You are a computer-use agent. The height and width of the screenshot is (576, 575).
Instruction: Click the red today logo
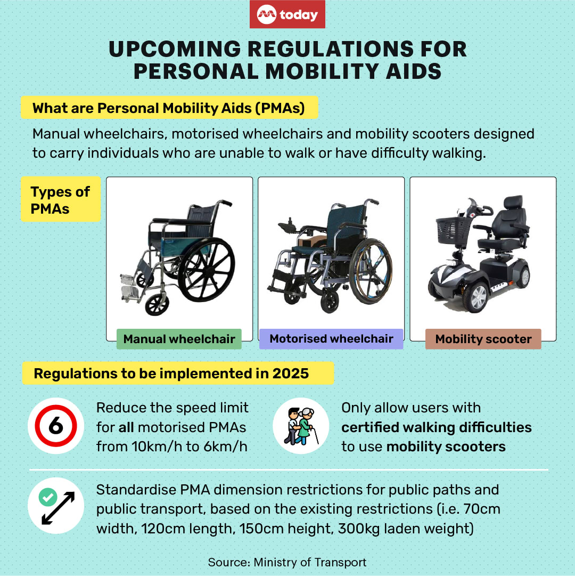click(287, 14)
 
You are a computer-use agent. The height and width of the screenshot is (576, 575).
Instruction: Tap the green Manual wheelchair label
click(179, 339)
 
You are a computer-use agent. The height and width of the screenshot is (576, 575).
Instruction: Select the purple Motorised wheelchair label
click(331, 339)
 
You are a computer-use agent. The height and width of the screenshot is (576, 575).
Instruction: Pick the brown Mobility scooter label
click(483, 339)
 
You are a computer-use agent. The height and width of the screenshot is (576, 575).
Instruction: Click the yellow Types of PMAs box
click(61, 199)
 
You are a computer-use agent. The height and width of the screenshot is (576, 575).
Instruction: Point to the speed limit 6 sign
click(56, 426)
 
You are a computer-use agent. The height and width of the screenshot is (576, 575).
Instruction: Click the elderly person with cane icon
click(301, 426)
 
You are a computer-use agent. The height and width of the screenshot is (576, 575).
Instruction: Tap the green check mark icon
click(48, 497)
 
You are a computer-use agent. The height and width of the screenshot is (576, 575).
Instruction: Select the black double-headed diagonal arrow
click(58, 508)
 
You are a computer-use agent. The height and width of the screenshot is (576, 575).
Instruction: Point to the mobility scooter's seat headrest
click(513, 202)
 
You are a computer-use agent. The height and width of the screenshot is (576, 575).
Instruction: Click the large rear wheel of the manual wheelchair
click(206, 269)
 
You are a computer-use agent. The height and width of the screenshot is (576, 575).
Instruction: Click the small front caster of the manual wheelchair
click(157, 305)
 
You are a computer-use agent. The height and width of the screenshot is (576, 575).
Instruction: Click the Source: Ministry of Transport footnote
click(287, 562)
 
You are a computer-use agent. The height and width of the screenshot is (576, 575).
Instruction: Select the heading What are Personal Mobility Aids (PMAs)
click(169, 108)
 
